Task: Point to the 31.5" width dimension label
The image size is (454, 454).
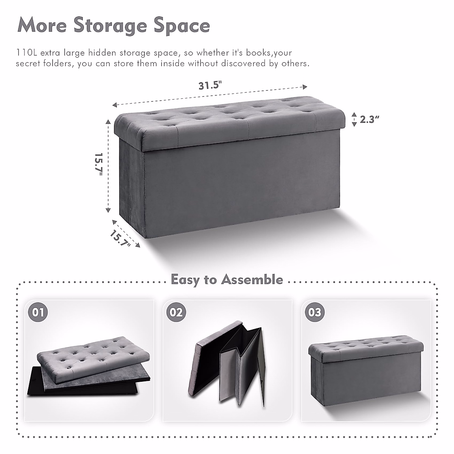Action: (x=210, y=85)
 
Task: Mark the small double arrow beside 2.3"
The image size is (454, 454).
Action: (x=354, y=120)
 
